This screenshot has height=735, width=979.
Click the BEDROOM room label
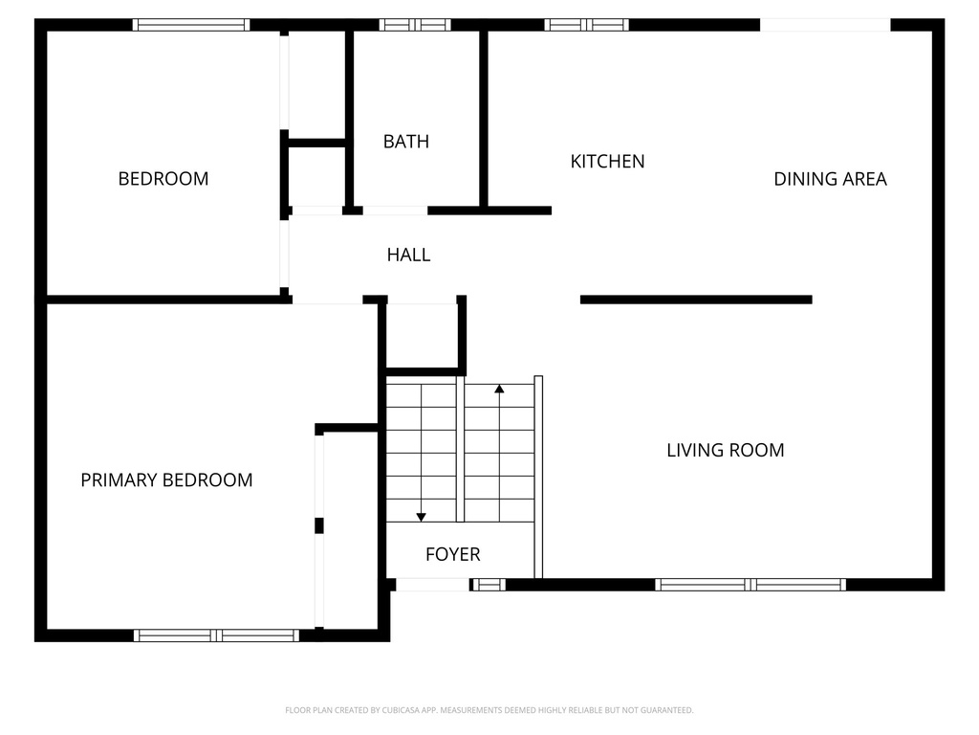pyautogui.click(x=163, y=178)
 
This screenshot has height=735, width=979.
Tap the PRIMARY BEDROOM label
pyautogui.click(x=166, y=480)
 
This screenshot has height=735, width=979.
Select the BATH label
pyautogui.click(x=405, y=142)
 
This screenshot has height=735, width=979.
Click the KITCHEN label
pyautogui.click(x=607, y=162)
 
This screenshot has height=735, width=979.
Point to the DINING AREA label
pyautogui.click(x=830, y=179)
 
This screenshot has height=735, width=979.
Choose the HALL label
pyautogui.click(x=408, y=255)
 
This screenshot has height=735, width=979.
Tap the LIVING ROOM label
pyautogui.click(x=725, y=450)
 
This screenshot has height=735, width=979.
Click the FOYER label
pyautogui.click(x=452, y=554)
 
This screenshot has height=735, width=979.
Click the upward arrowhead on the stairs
pyautogui.click(x=499, y=389)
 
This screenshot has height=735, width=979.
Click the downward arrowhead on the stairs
pyautogui.click(x=421, y=518)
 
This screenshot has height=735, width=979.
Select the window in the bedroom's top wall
pyautogui.click(x=190, y=25)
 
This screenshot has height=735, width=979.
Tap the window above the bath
pyautogui.click(x=415, y=25)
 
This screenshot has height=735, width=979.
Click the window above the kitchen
pyautogui.click(x=586, y=25)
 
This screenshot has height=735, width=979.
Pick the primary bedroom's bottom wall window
pyautogui.click(x=216, y=635)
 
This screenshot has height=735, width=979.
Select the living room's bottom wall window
pyautogui.click(x=751, y=585)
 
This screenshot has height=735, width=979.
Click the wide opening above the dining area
pyautogui.click(x=825, y=25)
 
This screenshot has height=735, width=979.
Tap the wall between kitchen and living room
pyautogui.click(x=696, y=300)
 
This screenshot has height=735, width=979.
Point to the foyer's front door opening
pyautogui.click(x=433, y=585)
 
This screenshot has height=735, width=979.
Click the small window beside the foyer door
pyautogui.click(x=489, y=585)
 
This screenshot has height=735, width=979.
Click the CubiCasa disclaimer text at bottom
pyautogui.click(x=489, y=710)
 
